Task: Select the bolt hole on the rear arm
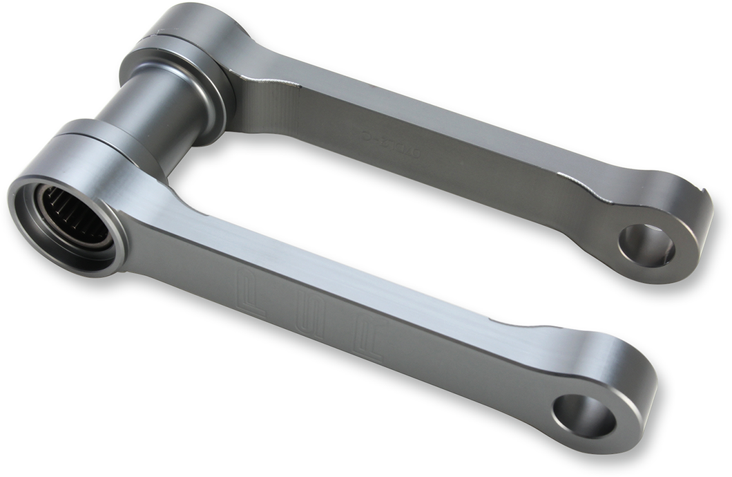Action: click(646, 245)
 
